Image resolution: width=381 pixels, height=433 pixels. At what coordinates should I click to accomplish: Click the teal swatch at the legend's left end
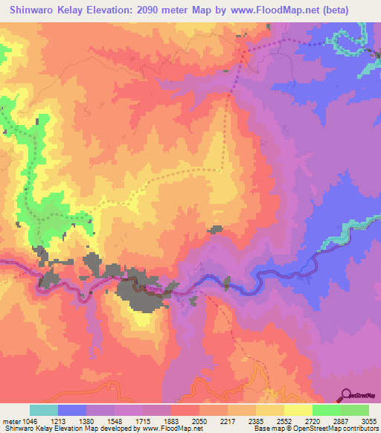44,410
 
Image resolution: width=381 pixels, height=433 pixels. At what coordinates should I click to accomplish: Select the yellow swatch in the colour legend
298,410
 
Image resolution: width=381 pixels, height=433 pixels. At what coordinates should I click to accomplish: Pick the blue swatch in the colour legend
72,410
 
